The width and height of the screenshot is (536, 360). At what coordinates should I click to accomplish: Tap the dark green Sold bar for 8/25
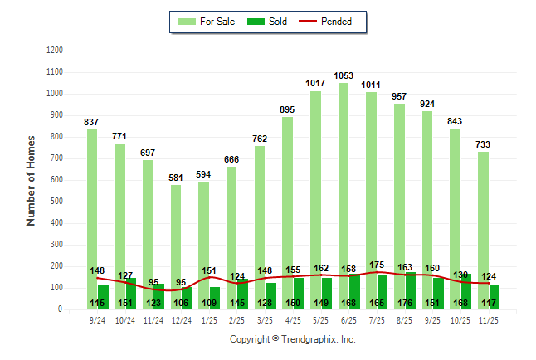(411, 290)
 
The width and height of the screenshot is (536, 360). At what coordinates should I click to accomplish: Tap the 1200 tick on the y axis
(54, 51)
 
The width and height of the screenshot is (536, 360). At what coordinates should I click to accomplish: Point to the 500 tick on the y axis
(56, 202)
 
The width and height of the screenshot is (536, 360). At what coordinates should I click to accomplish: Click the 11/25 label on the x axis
(489, 319)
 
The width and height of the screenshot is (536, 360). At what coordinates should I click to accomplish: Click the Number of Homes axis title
(31, 180)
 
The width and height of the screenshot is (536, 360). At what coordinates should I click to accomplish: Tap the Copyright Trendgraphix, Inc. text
(292, 339)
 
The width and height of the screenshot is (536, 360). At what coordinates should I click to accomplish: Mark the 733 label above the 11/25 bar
(483, 144)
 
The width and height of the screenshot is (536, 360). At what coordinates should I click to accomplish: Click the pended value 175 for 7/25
(377, 265)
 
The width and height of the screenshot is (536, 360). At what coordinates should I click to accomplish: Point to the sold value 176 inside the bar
(405, 303)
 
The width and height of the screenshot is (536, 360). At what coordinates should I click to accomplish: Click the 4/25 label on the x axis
(293, 319)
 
